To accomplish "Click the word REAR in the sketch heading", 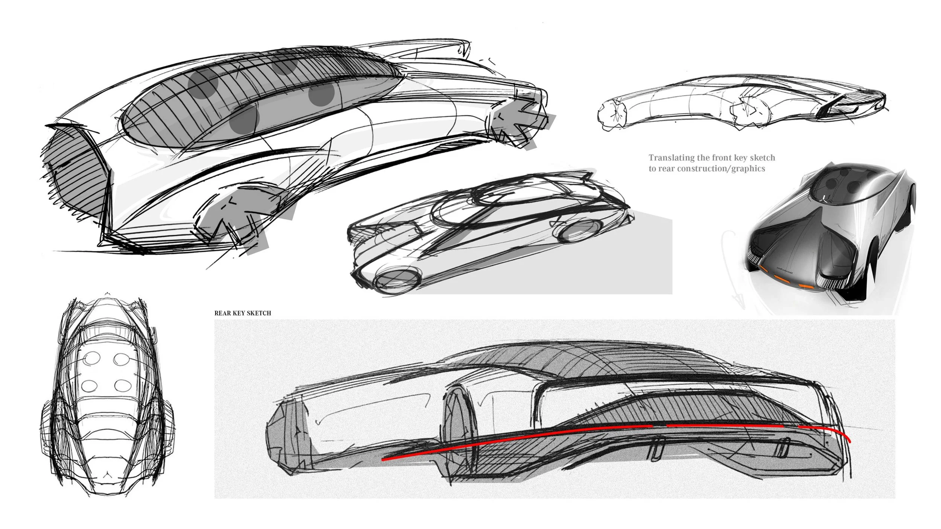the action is point(221,313).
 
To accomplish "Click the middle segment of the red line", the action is point(725,426).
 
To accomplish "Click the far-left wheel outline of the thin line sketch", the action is point(612,112).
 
